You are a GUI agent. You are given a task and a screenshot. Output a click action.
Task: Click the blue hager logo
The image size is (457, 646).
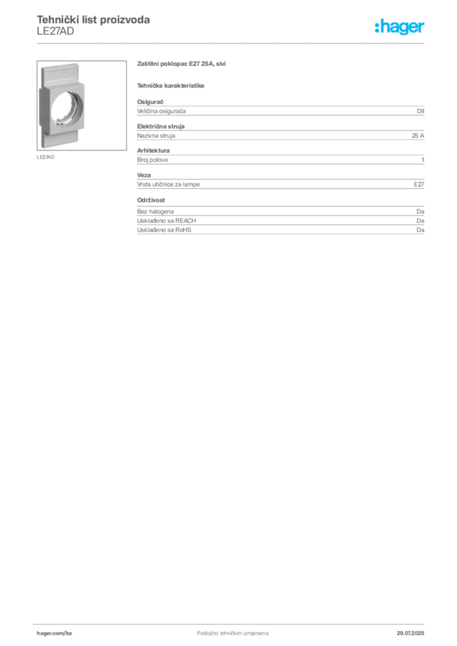(x=400, y=28)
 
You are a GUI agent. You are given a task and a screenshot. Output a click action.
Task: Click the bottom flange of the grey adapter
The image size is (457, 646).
(x=61, y=140)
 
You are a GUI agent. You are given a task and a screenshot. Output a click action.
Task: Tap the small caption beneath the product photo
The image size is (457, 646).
(x=45, y=156)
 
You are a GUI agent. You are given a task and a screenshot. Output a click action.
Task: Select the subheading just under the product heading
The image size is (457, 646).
(x=172, y=85)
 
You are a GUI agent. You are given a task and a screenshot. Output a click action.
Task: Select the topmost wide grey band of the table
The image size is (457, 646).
(x=281, y=111)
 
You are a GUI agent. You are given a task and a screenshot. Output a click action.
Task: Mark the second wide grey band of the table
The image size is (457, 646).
(x=281, y=133)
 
